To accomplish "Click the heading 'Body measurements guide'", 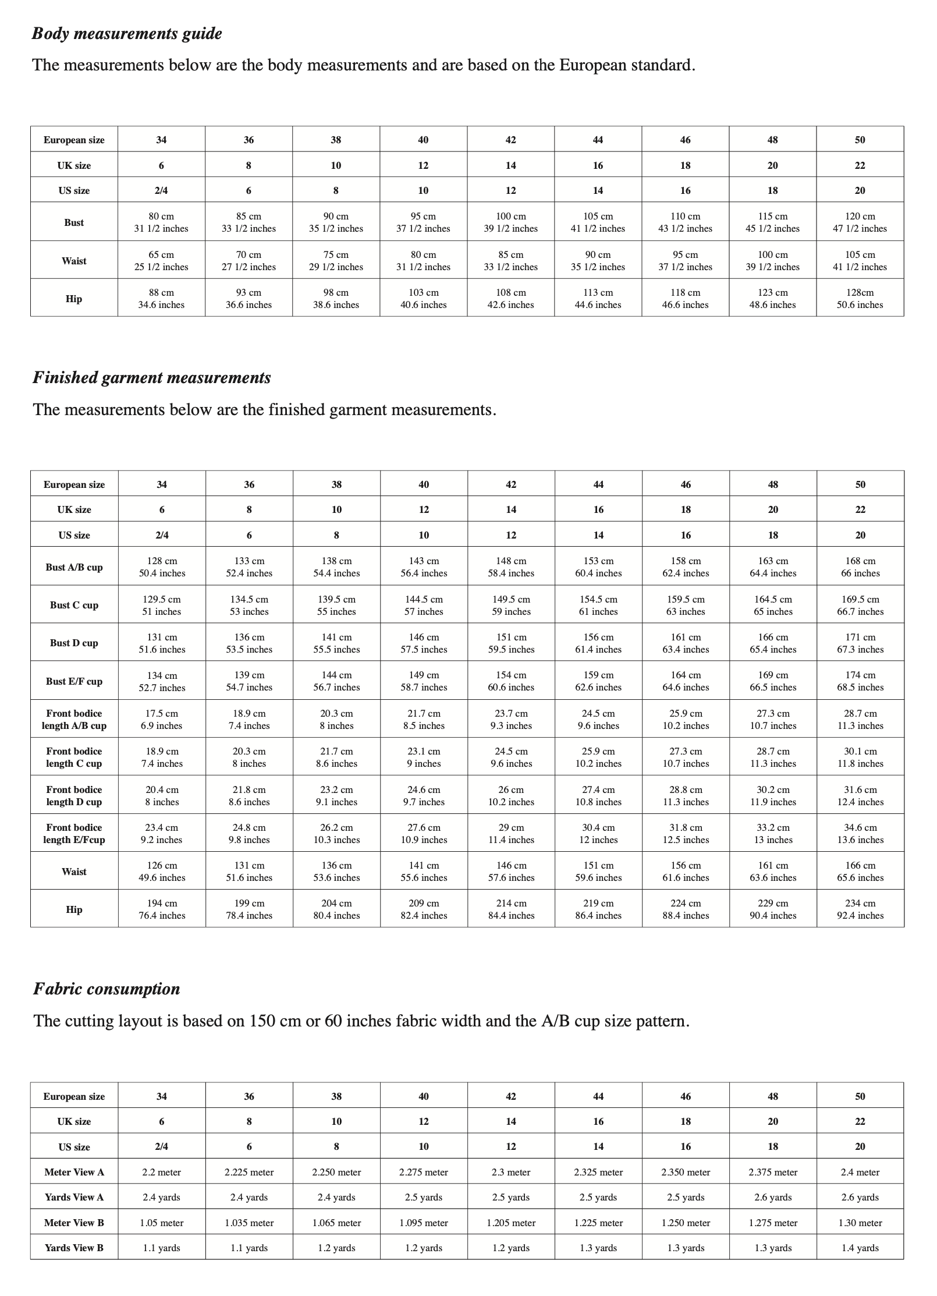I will click(127, 34).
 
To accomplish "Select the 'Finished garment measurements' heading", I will click(152, 378).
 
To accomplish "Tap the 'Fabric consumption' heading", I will click(107, 989).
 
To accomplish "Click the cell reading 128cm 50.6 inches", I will click(860, 299).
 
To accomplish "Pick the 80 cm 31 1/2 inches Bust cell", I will click(161, 222).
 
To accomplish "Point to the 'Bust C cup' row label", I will click(74, 605).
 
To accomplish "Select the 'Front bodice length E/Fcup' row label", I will click(74, 833).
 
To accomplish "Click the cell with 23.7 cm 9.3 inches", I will click(511, 719).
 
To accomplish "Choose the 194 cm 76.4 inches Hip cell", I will click(162, 909).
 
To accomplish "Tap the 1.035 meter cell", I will click(249, 1223).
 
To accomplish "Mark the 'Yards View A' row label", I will click(74, 1197).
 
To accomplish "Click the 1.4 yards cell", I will click(860, 1248).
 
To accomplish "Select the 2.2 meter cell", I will click(162, 1172).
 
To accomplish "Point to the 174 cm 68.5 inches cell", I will click(860, 681).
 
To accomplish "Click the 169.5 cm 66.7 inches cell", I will click(860, 605).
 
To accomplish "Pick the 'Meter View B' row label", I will click(74, 1223).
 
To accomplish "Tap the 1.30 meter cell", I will click(860, 1223).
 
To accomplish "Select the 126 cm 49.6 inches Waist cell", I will click(162, 871).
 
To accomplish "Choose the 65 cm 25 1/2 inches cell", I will click(161, 261).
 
